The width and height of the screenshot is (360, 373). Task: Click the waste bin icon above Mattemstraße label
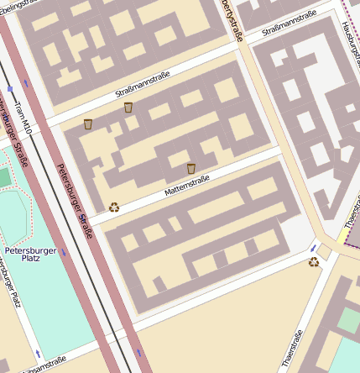coord(191,169)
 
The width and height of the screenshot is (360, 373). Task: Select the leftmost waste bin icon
coord(88,124)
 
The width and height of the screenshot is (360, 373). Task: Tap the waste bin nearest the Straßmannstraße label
coord(128,108)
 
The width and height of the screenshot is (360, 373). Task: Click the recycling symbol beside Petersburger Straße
coord(114,207)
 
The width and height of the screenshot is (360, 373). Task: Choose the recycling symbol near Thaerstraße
coord(314,262)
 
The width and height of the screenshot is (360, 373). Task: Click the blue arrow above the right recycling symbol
coord(314,247)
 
